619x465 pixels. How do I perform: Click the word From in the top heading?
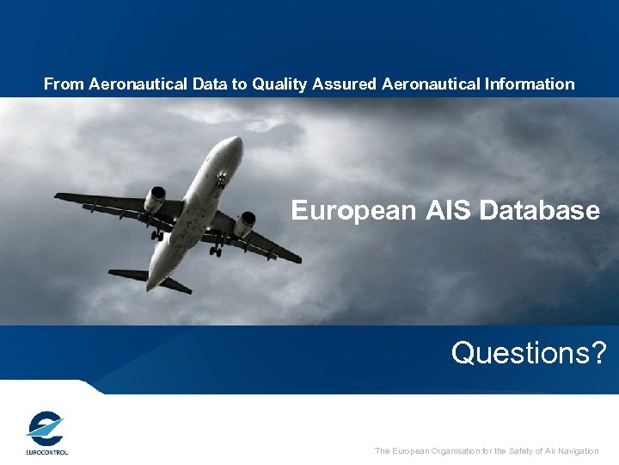62,84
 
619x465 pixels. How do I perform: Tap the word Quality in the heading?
279,84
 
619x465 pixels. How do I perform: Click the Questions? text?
529,352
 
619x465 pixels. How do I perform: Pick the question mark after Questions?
599,352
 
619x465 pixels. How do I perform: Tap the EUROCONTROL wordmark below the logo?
46,451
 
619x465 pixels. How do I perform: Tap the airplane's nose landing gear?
221,180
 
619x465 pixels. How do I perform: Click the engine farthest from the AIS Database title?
156,199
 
